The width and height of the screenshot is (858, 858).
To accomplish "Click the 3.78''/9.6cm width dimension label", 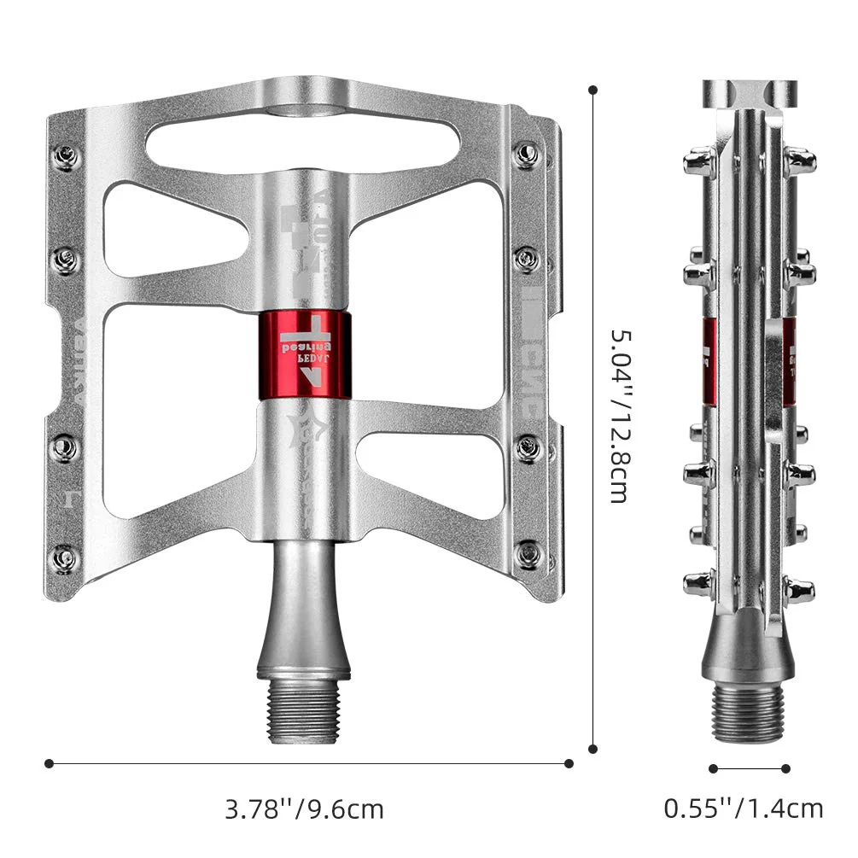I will coord(304,808).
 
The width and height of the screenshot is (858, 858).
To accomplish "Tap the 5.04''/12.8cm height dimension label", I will coord(621,416).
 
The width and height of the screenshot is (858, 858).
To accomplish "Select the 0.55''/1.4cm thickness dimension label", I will coord(744,808).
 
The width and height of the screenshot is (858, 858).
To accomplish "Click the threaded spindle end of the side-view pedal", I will coord(750,711).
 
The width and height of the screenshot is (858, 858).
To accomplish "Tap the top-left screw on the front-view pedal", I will coord(66,156).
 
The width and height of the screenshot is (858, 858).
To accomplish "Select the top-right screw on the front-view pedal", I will coord(528,155).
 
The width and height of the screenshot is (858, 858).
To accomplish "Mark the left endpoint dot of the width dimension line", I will coord(50,763).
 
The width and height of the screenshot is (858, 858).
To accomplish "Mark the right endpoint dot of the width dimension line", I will coord(569,763).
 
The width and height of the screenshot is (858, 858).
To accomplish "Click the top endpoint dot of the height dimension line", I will coord(593,88).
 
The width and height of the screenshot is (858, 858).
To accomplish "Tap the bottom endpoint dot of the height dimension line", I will coord(593,749).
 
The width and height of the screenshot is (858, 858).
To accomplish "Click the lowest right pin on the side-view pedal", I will coord(800,588).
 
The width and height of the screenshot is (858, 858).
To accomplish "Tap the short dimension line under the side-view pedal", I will coord(750,768).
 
